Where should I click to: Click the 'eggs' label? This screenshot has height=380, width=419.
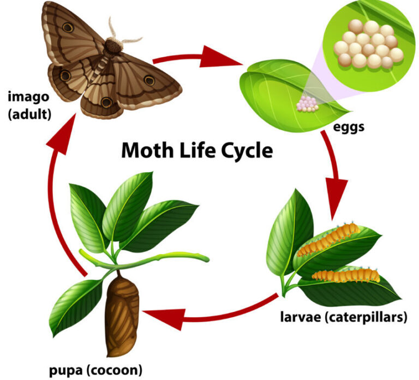349,128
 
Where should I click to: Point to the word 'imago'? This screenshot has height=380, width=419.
28,97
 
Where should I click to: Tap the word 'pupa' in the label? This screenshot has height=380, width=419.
65,370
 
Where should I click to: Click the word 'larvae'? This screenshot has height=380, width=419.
301,317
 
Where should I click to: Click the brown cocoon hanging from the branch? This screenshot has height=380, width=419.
122,316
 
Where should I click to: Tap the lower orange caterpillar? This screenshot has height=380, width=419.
346,275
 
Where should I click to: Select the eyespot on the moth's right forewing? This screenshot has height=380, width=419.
149,80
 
